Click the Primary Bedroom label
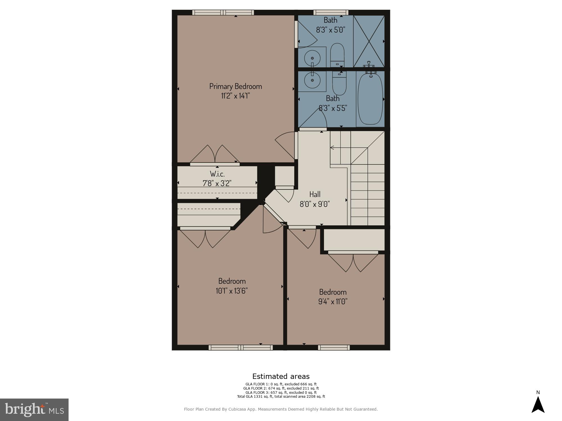point(235,86)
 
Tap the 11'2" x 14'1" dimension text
point(235,96)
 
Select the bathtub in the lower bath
point(370,98)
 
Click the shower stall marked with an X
point(368,41)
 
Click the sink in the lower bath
point(312,80)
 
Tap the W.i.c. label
point(217,174)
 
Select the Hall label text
point(315,194)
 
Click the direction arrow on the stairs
point(332,148)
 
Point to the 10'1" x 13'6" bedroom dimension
point(232,291)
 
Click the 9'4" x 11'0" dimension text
point(333,301)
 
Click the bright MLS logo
point(34,409)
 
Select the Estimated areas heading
point(281,376)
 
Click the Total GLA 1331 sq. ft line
point(281,397)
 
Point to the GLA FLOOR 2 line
point(281,388)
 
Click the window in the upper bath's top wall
point(331,12)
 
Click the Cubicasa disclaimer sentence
point(281,409)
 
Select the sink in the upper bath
point(312,58)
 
